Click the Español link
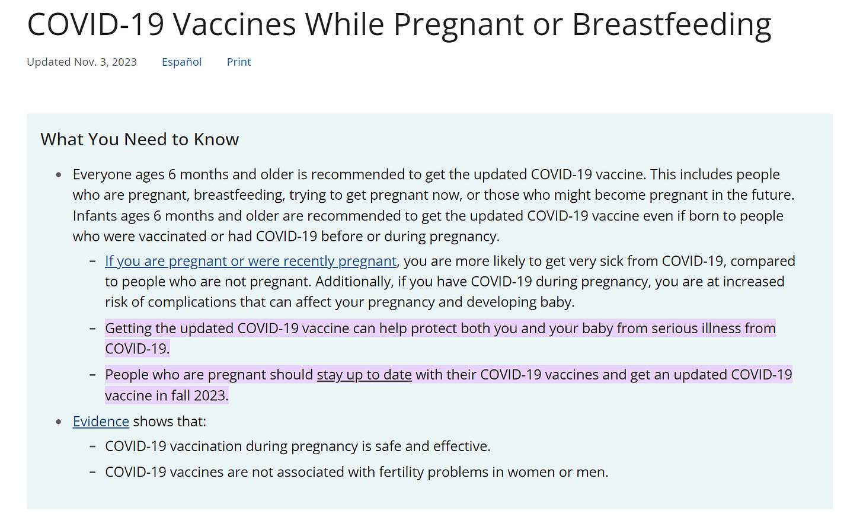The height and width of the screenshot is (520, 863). click(x=181, y=62)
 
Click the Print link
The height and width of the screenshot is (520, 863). click(x=239, y=62)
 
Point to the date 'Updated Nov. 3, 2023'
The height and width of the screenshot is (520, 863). click(x=82, y=62)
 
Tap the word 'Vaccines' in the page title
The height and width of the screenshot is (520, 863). click(x=234, y=24)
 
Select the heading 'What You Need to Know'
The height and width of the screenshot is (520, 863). click(x=139, y=139)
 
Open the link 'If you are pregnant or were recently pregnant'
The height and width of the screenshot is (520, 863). click(x=251, y=261)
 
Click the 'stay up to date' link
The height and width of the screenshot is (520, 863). click(x=364, y=375)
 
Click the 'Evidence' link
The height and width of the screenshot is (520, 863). click(x=101, y=422)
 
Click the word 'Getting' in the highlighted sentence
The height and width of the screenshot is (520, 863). click(x=128, y=329)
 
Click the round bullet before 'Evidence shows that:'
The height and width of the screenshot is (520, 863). click(x=59, y=422)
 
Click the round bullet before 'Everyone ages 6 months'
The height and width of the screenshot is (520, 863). click(x=59, y=176)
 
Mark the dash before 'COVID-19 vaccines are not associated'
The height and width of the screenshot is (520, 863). click(x=92, y=472)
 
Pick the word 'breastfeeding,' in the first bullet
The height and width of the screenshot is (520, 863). click(x=239, y=195)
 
